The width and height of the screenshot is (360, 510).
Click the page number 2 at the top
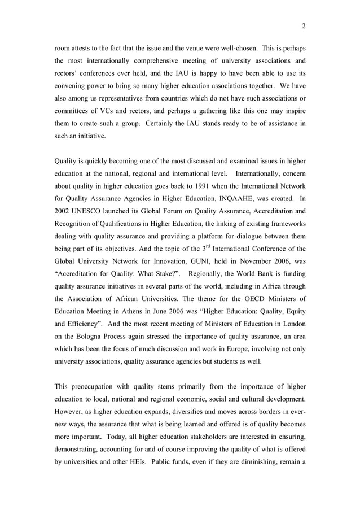tap(304, 25)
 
